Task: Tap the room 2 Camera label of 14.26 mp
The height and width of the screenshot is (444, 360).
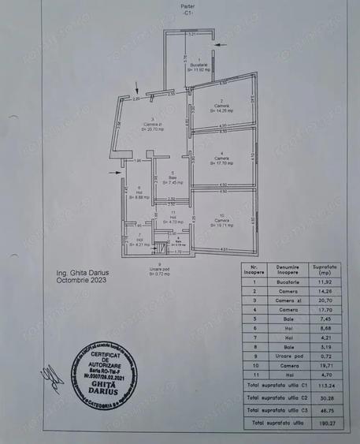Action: coord(222,106)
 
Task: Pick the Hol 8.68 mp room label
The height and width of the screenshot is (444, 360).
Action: coord(138,194)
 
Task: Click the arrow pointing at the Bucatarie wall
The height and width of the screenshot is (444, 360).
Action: coord(225,47)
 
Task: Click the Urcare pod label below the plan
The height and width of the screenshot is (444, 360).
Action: coord(160,269)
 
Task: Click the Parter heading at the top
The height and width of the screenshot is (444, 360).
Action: coord(186,6)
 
